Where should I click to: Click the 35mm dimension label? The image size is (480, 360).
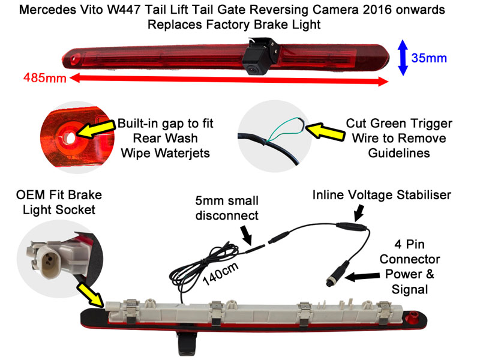pos(430,58)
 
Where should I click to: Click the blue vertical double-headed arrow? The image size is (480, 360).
pos(403,58)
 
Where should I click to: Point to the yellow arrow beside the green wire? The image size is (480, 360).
pos(322,129)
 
